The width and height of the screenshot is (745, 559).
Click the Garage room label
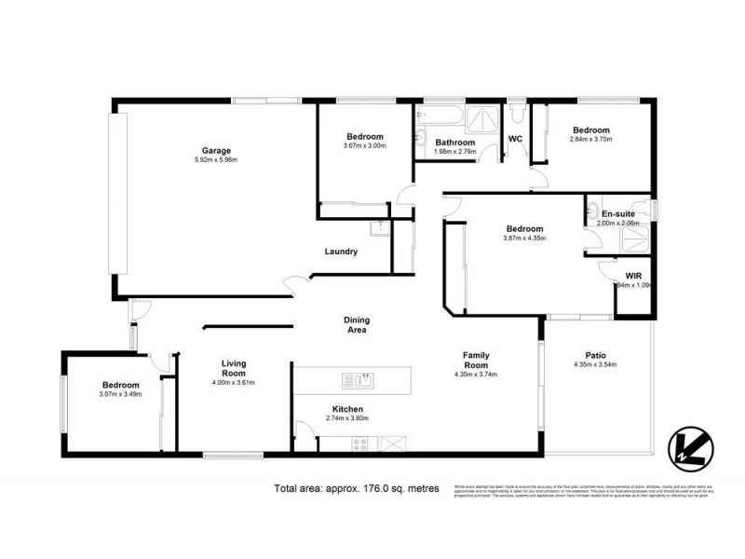click(216, 151)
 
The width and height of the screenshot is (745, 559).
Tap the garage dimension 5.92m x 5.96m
click(216, 160)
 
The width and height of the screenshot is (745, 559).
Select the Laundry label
click(341, 252)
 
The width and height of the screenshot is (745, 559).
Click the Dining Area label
click(356, 324)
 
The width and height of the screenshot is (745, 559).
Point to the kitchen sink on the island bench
click(358, 379)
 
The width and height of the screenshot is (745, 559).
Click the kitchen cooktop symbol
click(360, 444)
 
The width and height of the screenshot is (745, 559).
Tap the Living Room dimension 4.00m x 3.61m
click(233, 382)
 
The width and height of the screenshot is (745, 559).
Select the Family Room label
click(477, 361)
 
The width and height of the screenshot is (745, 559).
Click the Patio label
click(596, 354)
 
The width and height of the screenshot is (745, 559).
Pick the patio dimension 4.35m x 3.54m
click(596, 364)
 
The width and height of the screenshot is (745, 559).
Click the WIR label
click(633, 276)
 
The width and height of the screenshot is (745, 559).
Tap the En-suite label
click(617, 213)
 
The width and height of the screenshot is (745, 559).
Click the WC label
click(514, 140)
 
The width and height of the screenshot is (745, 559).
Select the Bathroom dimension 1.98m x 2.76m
click(456, 152)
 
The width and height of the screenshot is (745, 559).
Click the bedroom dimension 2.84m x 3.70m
click(590, 140)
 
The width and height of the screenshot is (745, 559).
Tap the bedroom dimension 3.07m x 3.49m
click(120, 395)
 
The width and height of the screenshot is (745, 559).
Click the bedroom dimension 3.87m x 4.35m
click(524, 239)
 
